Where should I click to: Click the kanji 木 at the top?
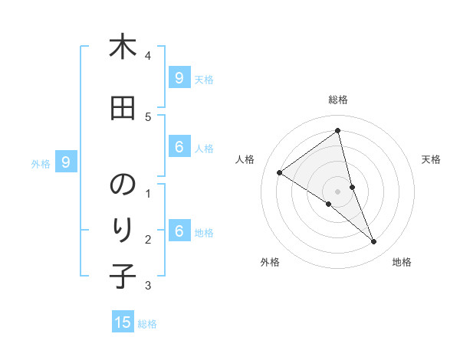point(123,47)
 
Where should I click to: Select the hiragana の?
point(123,185)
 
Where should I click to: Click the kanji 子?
point(123,276)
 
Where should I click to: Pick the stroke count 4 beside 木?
point(147,56)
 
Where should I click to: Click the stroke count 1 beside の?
point(147,193)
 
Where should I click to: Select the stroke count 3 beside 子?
point(147,285)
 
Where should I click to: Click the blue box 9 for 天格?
point(179,78)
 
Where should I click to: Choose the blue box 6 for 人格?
point(179,147)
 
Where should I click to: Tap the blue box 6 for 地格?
point(179,231)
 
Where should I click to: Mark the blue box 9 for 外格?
point(66,162)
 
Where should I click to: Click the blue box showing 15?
point(123,322)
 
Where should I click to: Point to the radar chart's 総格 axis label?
point(338,100)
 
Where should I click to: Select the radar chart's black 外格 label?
point(270,262)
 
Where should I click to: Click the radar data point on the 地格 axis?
point(374,242)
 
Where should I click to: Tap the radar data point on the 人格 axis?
point(279,172)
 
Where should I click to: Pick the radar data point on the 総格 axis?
point(338,130)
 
